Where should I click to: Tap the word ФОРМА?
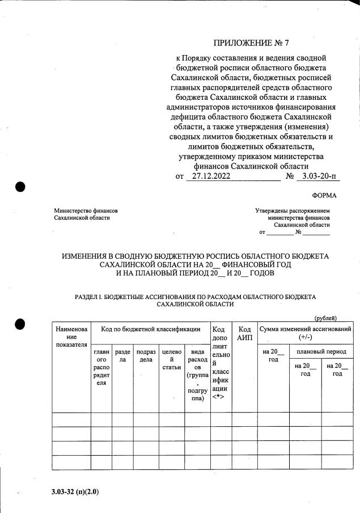point(324,196)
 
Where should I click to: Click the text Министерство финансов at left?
point(86,211)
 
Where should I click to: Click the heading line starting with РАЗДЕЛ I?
point(195,297)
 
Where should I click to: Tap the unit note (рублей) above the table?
point(326,318)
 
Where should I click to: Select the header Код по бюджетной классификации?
point(150,329)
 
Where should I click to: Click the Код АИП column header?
point(244,333)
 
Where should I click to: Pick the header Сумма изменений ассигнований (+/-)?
point(304,333)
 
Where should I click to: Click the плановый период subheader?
point(321,352)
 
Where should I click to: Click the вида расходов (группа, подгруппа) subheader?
point(197,376)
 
